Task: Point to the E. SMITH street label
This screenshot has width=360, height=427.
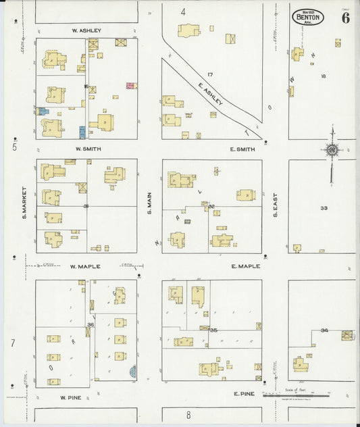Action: pos(242,149)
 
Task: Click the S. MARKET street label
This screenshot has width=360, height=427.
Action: pos(23,203)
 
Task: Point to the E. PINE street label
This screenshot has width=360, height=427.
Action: pos(242,393)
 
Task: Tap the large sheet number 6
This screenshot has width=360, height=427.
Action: pos(345,18)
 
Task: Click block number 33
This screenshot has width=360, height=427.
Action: pos(324,208)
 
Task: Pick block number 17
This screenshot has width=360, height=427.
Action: pos(210,74)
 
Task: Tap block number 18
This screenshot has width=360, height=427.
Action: pos(323,76)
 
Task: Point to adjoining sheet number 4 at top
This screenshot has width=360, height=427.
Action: pos(182,12)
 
